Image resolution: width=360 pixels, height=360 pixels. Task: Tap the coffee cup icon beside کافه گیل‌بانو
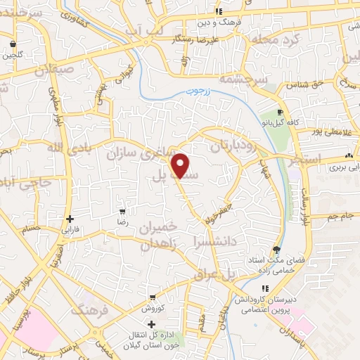click(280, 112)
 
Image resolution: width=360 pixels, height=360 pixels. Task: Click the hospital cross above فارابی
click(70, 219)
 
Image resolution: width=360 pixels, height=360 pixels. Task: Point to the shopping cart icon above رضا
click(123, 212)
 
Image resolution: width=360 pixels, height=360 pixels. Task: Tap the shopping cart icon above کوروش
click(152, 298)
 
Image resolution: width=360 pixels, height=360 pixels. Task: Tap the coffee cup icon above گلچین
click(13, 42)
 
